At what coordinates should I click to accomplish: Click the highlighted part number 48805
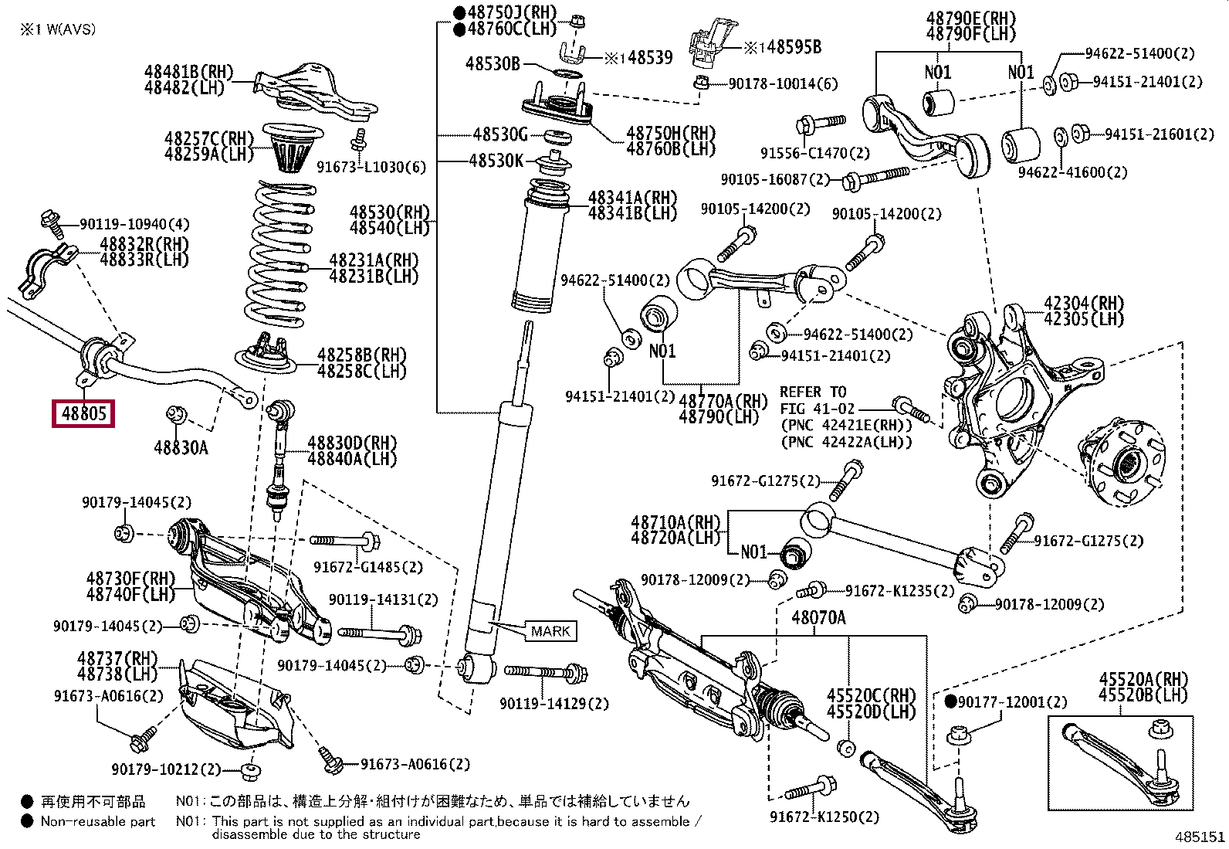click(x=83, y=413)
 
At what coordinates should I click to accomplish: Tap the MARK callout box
click(x=550, y=631)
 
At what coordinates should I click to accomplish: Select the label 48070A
click(x=818, y=618)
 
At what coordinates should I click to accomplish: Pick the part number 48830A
click(x=181, y=447)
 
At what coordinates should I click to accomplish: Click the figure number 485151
click(x=1200, y=837)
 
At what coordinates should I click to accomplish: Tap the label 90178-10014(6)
click(x=783, y=84)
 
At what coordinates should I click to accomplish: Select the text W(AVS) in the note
click(x=71, y=29)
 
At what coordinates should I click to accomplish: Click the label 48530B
click(x=493, y=63)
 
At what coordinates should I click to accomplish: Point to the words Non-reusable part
click(x=98, y=821)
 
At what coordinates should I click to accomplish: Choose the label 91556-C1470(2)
click(x=815, y=153)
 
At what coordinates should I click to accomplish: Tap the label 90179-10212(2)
click(x=166, y=769)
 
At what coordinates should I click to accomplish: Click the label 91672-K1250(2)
click(x=824, y=817)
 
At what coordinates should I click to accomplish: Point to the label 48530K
click(x=496, y=161)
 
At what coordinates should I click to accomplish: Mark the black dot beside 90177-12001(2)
click(x=950, y=701)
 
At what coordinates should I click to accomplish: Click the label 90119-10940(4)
click(x=134, y=224)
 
